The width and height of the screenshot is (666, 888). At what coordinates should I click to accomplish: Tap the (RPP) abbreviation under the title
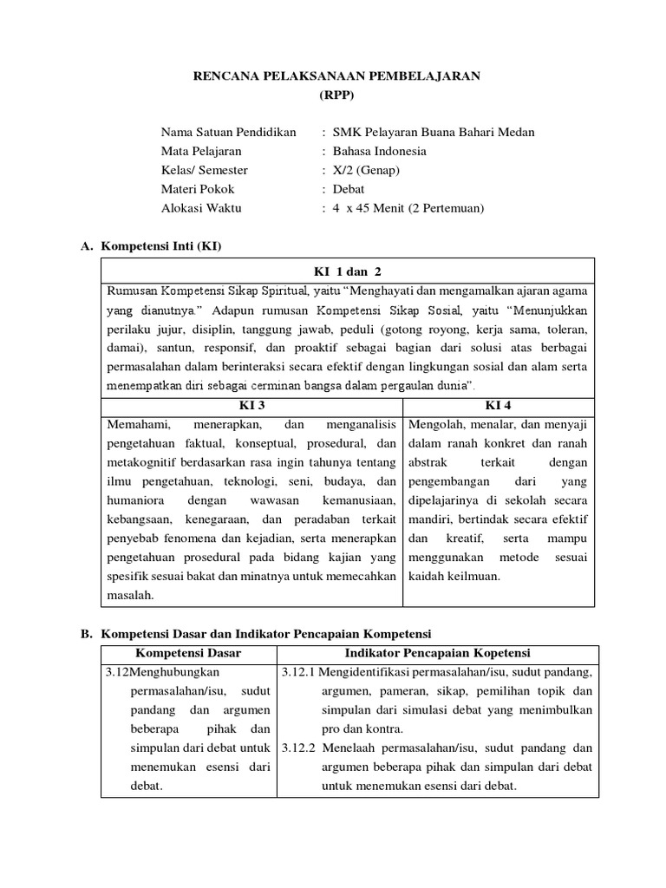pyautogui.click(x=336, y=95)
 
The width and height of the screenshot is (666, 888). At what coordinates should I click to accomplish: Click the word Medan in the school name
pyautogui.click(x=517, y=132)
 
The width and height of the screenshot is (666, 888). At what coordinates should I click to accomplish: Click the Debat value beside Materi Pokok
pyautogui.click(x=349, y=189)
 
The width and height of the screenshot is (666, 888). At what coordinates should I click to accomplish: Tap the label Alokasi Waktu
pyautogui.click(x=201, y=208)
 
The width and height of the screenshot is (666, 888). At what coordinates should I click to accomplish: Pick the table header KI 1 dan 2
pyautogui.click(x=347, y=271)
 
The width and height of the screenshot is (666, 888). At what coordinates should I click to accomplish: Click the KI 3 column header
pyautogui.click(x=251, y=405)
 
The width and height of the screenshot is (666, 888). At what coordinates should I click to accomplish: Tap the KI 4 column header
pyautogui.click(x=499, y=405)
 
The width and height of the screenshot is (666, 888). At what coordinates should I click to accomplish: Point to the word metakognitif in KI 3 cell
pyautogui.click(x=142, y=462)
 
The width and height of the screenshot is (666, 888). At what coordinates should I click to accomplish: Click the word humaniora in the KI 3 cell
pyautogui.click(x=136, y=500)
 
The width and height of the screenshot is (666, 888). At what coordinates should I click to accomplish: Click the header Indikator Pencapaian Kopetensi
pyautogui.click(x=438, y=653)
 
